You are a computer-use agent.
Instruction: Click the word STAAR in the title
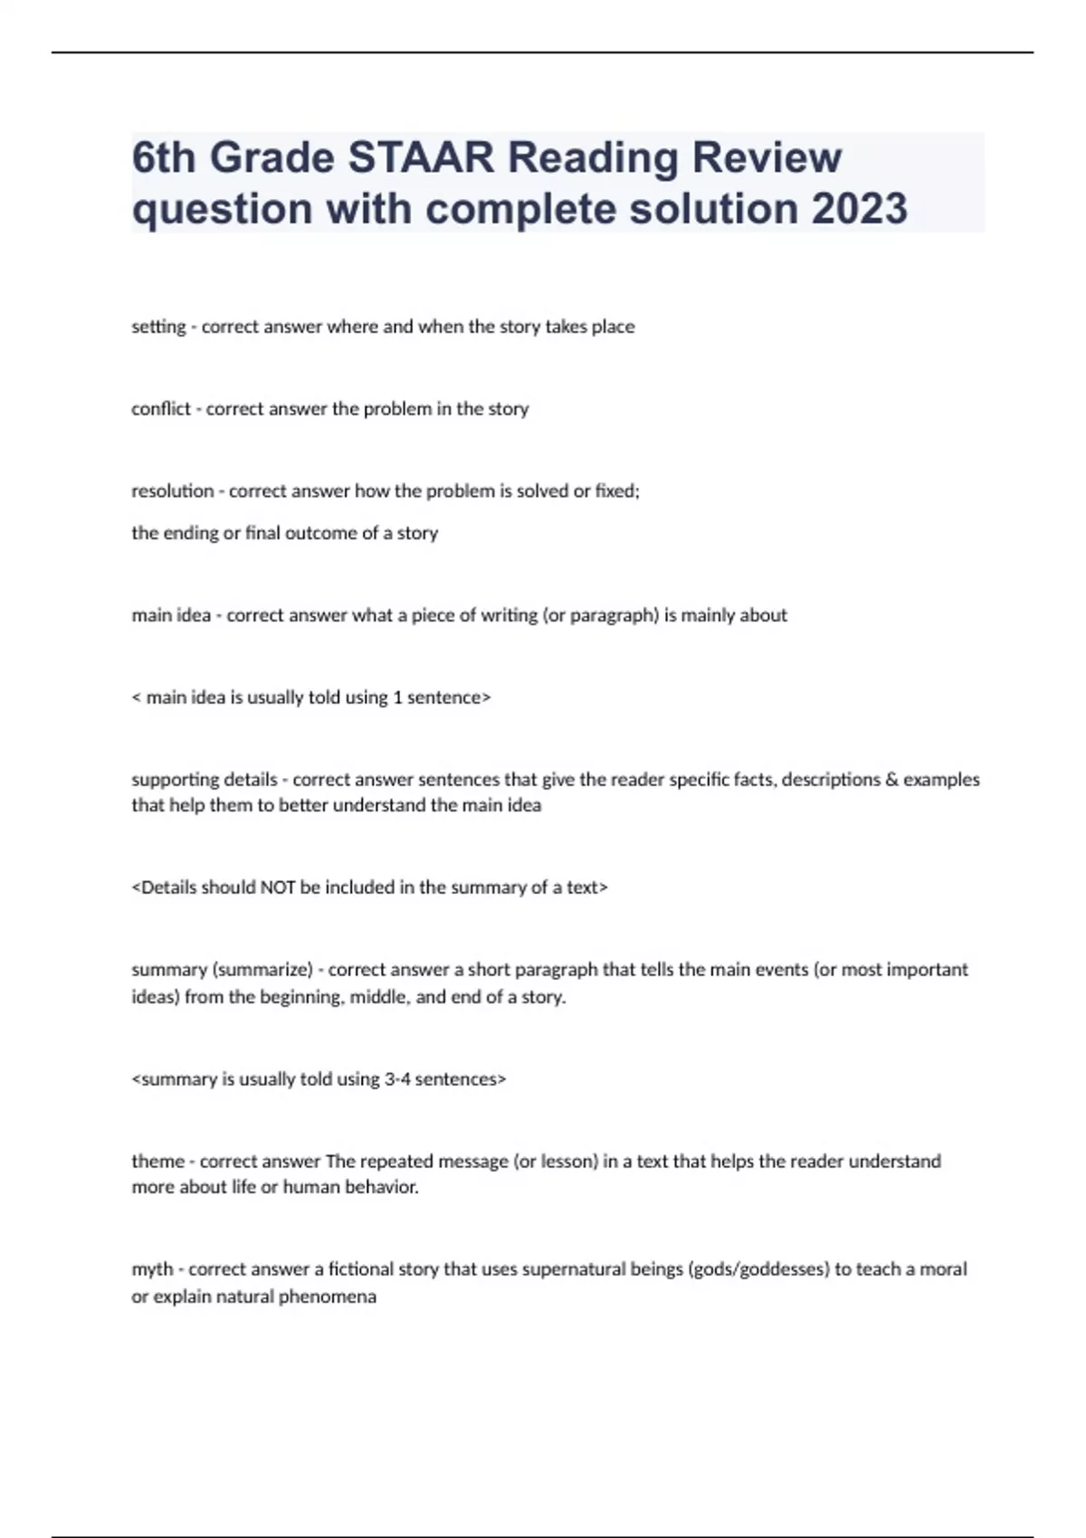click(421, 157)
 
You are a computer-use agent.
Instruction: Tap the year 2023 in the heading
click(859, 209)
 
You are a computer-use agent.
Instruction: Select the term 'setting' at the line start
click(158, 327)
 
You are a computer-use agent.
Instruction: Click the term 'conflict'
click(161, 409)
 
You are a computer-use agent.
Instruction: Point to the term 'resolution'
click(172, 491)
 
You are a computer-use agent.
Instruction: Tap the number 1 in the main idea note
click(397, 698)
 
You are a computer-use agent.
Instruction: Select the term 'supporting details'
click(205, 779)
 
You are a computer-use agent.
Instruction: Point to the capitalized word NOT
click(278, 888)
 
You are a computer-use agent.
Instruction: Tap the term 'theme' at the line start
click(157, 1161)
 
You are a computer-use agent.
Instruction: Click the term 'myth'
click(152, 1269)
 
